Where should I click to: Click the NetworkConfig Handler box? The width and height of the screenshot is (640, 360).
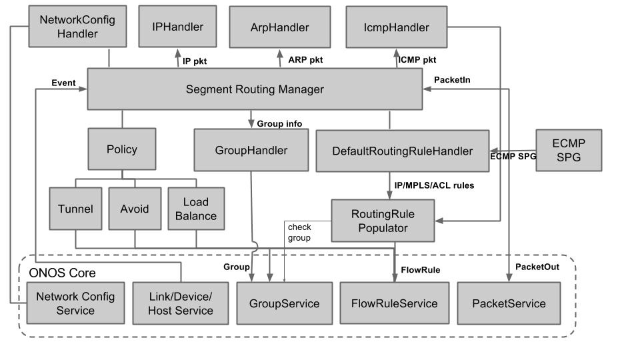[x=77, y=27]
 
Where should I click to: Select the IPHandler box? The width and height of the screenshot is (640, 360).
[x=177, y=27]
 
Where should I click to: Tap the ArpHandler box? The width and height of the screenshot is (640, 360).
[x=279, y=27]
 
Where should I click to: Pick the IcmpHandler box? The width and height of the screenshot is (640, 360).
[x=396, y=27]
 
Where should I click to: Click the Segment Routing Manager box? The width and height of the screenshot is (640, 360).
[x=255, y=89]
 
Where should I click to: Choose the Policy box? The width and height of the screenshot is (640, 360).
[x=121, y=149]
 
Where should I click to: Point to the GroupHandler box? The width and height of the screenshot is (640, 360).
[x=251, y=151]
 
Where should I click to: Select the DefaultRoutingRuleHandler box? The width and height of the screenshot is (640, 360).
[x=402, y=151]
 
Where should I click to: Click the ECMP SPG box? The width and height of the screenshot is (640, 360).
[x=568, y=150]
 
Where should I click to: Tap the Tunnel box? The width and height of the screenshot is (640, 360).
[x=75, y=209]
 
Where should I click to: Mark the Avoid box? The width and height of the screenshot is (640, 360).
[x=135, y=209]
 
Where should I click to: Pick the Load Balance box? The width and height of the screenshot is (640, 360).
[x=195, y=209]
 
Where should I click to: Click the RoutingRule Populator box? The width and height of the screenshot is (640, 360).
[x=382, y=221]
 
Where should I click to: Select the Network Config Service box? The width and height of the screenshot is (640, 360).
[x=75, y=303]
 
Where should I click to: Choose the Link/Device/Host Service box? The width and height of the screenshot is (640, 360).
[x=180, y=303]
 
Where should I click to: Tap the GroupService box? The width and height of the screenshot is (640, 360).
[x=284, y=304]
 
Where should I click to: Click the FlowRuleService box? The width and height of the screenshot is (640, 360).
[x=394, y=304]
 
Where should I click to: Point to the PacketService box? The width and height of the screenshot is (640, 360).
[x=508, y=304]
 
